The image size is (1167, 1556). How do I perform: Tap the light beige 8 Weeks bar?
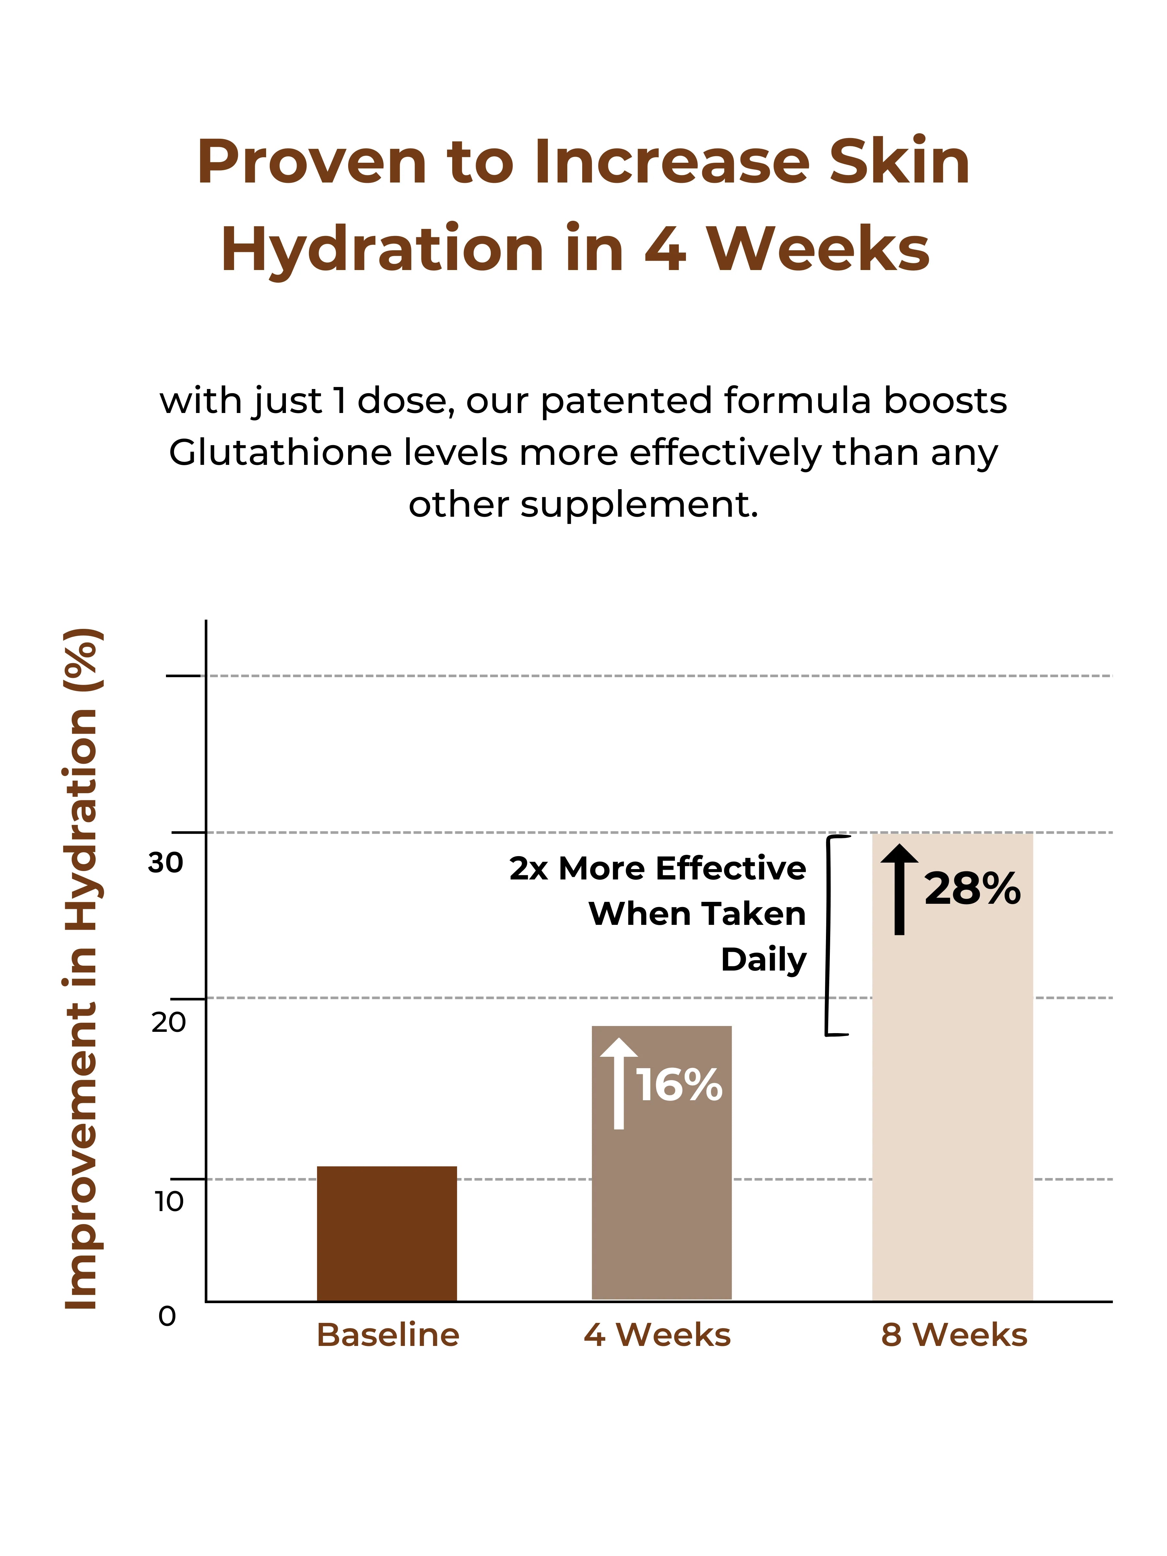click(x=952, y=1067)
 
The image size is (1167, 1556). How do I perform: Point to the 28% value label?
click(x=972, y=889)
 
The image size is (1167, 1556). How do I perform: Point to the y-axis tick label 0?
click(x=167, y=1316)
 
